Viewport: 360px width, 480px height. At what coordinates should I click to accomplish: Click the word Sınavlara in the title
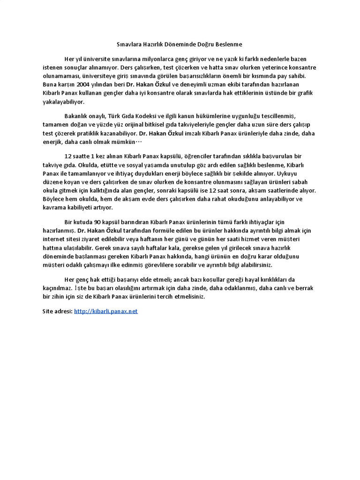127,44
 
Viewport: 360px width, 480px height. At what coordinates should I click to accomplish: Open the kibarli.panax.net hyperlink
106,311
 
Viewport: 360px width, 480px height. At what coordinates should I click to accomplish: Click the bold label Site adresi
57,311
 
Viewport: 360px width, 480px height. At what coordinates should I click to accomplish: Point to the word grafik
303,93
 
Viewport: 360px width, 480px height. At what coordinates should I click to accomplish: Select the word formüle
151,231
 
